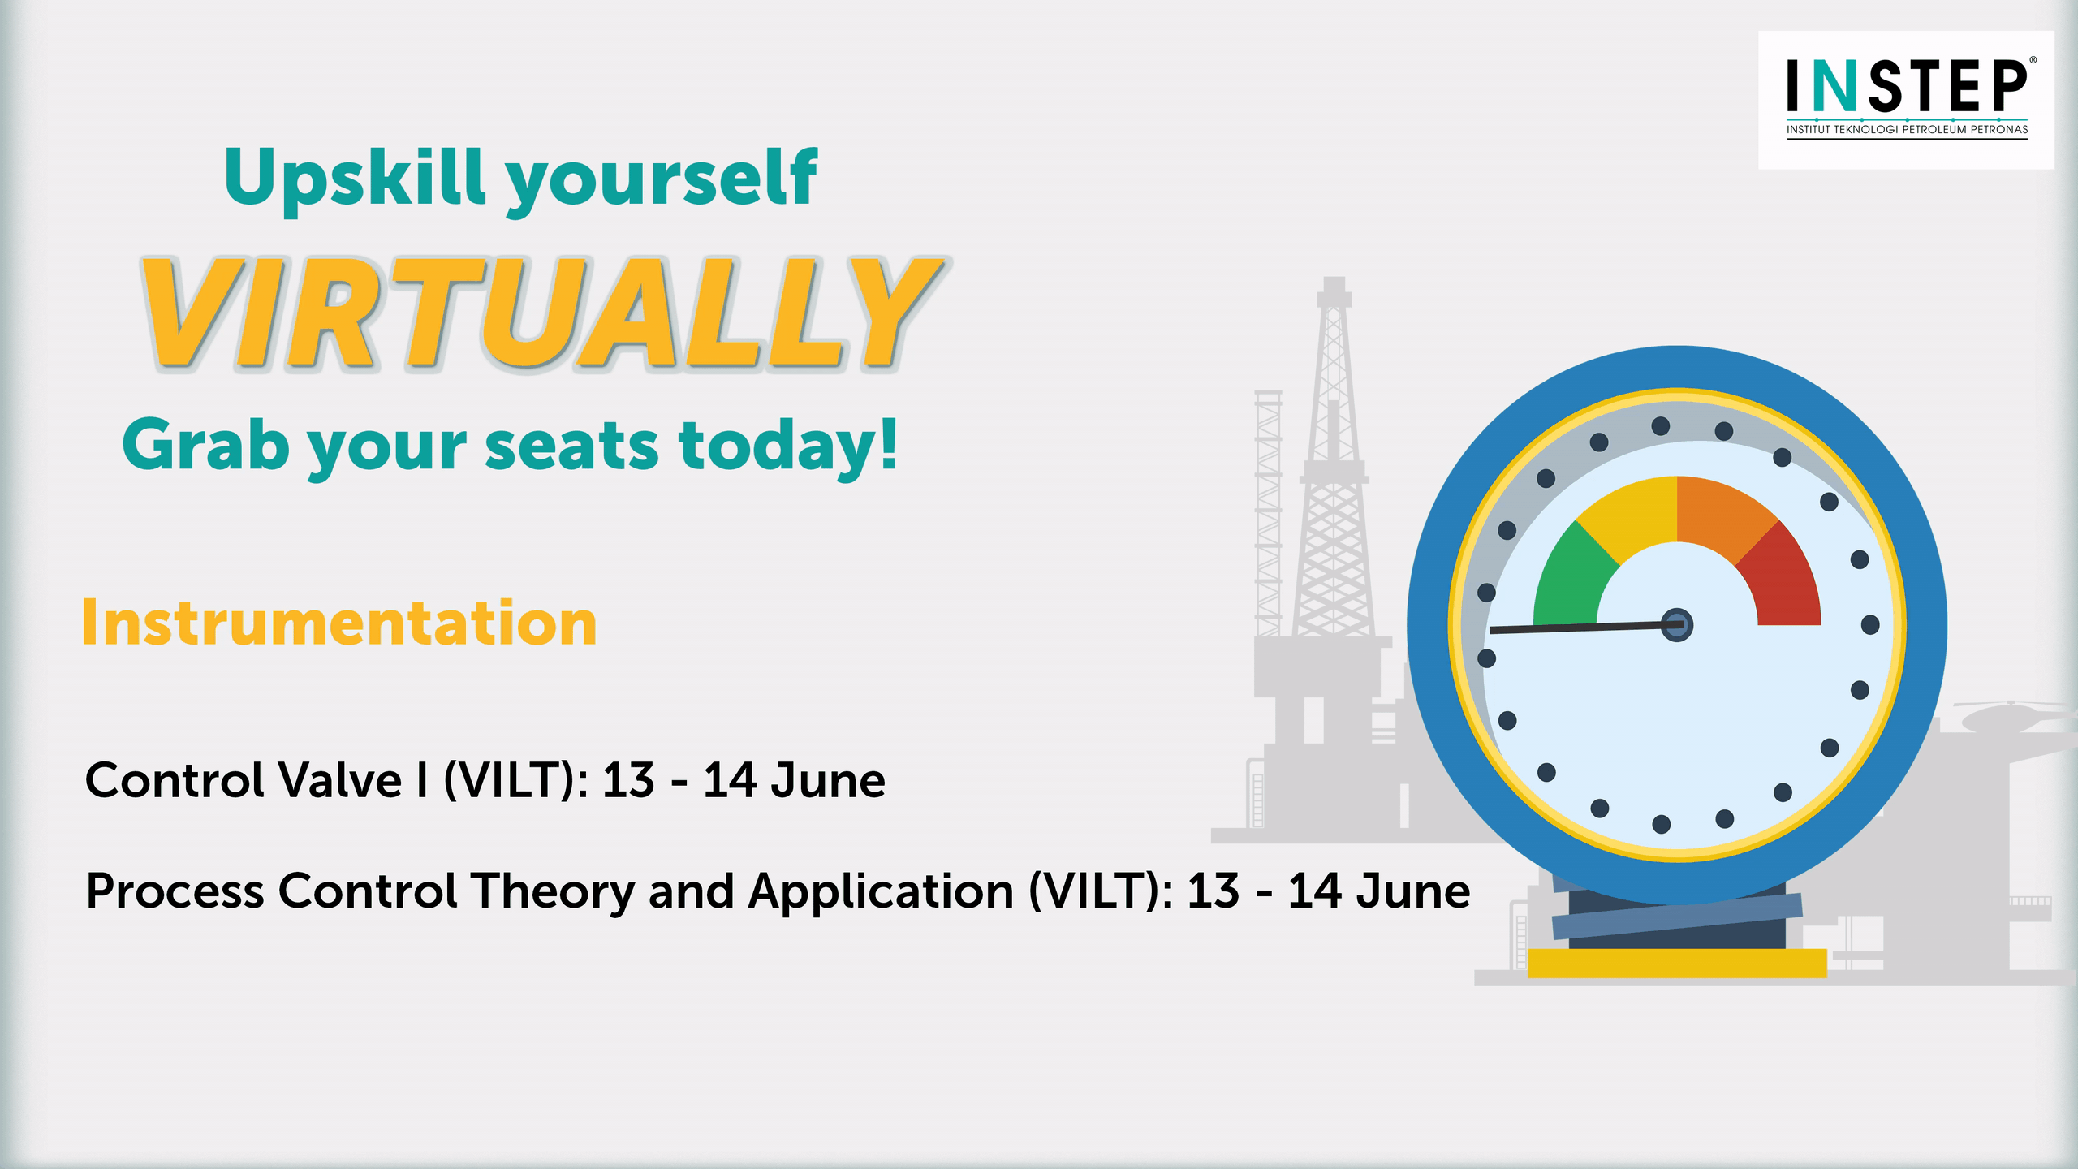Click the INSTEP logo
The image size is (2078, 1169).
(1906, 100)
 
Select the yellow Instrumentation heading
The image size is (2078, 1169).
(339, 623)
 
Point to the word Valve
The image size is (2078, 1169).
(340, 781)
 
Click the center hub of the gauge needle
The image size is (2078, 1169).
(1677, 625)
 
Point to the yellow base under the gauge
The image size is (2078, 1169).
(1676, 963)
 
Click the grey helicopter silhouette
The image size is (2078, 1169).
(2013, 718)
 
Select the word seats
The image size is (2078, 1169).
(571, 448)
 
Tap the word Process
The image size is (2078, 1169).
(175, 891)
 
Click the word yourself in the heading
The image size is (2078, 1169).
(662, 180)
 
